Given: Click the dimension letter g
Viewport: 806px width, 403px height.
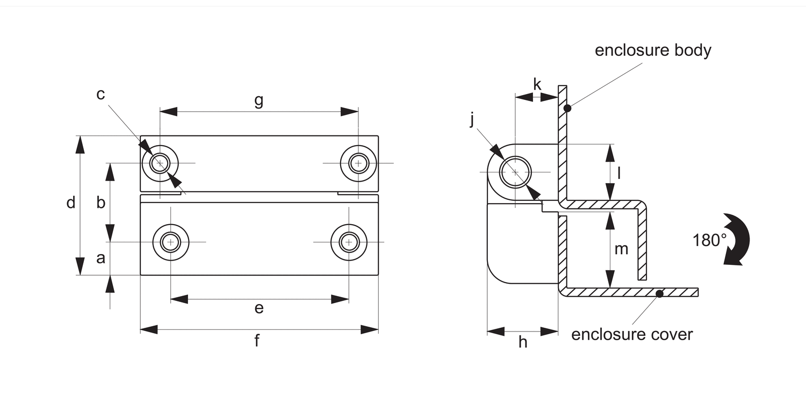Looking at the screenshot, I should [258, 100].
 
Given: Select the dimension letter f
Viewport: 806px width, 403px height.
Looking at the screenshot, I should [257, 341].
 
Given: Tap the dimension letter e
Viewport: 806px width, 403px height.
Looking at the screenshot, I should [258, 308].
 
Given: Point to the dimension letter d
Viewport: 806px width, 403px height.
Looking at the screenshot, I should [71, 203].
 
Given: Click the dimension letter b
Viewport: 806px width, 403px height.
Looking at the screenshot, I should [100, 203].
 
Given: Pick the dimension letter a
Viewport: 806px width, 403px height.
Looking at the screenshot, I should [100, 258].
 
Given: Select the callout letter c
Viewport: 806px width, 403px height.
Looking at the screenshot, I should [100, 95].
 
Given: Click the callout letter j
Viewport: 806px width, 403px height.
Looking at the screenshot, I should [472, 119].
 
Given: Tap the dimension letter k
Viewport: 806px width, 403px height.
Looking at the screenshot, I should [537, 84].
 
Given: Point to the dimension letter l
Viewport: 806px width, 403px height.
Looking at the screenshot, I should [619, 172].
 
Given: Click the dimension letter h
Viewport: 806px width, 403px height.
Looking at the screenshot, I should [522, 342].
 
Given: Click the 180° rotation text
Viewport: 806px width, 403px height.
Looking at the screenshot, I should [709, 240].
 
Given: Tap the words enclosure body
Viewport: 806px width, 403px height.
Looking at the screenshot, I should [653, 51].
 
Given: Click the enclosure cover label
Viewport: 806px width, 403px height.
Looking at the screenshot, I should [632, 334].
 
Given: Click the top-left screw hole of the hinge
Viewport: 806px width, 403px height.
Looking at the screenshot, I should [160, 162].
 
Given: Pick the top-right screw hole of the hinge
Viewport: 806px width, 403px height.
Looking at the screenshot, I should [358, 162].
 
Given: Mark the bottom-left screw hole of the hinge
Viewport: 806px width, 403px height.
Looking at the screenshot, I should [171, 242].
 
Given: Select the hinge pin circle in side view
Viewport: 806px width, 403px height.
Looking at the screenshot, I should [515, 172].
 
